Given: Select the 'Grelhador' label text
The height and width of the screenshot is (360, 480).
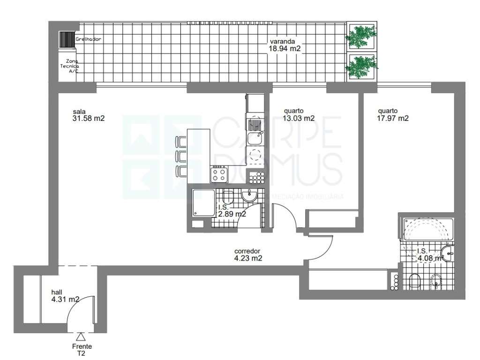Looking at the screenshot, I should [88, 39].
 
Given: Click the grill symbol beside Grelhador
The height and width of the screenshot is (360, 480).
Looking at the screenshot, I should [67, 39].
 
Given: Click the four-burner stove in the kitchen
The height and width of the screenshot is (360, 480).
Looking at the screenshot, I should [219, 175].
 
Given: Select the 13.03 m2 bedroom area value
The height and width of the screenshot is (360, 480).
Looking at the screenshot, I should [299, 119].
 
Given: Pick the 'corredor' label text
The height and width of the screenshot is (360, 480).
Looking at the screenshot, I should [247, 251].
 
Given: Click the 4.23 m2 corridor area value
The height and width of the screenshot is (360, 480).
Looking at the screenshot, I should [248, 258].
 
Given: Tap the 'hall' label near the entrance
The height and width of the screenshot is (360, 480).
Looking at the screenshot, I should [56, 292].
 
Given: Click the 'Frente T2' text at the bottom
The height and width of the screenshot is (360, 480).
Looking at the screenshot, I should [82, 350].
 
